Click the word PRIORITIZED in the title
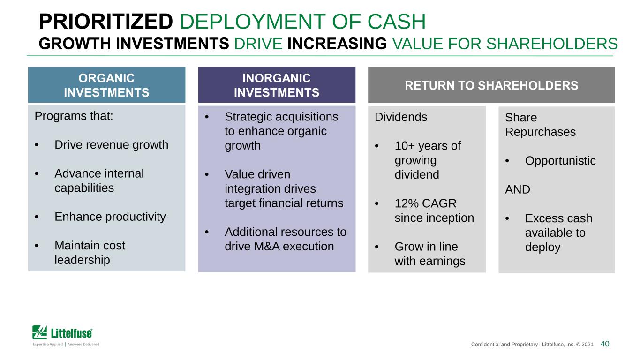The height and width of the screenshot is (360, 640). pos(105,22)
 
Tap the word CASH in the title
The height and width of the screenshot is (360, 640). pos(397,22)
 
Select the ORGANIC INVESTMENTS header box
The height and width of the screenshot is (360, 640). pos(106,85)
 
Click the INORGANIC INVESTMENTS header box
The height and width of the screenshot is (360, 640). pos(277,85)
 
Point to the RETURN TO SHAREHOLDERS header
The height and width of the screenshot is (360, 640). pos(491,85)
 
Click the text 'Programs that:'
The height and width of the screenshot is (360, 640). pos(74,116)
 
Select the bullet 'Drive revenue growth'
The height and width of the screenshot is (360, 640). pos(112,145)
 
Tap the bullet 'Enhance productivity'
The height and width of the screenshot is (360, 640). pos(110,217)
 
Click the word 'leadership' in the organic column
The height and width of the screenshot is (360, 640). pos(83,260)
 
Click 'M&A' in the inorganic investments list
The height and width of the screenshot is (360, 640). pos(267,246)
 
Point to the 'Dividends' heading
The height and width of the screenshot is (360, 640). pos(401,117)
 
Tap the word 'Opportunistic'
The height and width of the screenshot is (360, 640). pos(560,161)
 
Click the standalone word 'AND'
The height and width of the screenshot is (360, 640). pos(518,189)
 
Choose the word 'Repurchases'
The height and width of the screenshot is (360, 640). pos(540,132)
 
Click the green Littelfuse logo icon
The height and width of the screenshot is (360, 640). pos(39,332)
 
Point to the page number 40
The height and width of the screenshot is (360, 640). pos(605,344)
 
